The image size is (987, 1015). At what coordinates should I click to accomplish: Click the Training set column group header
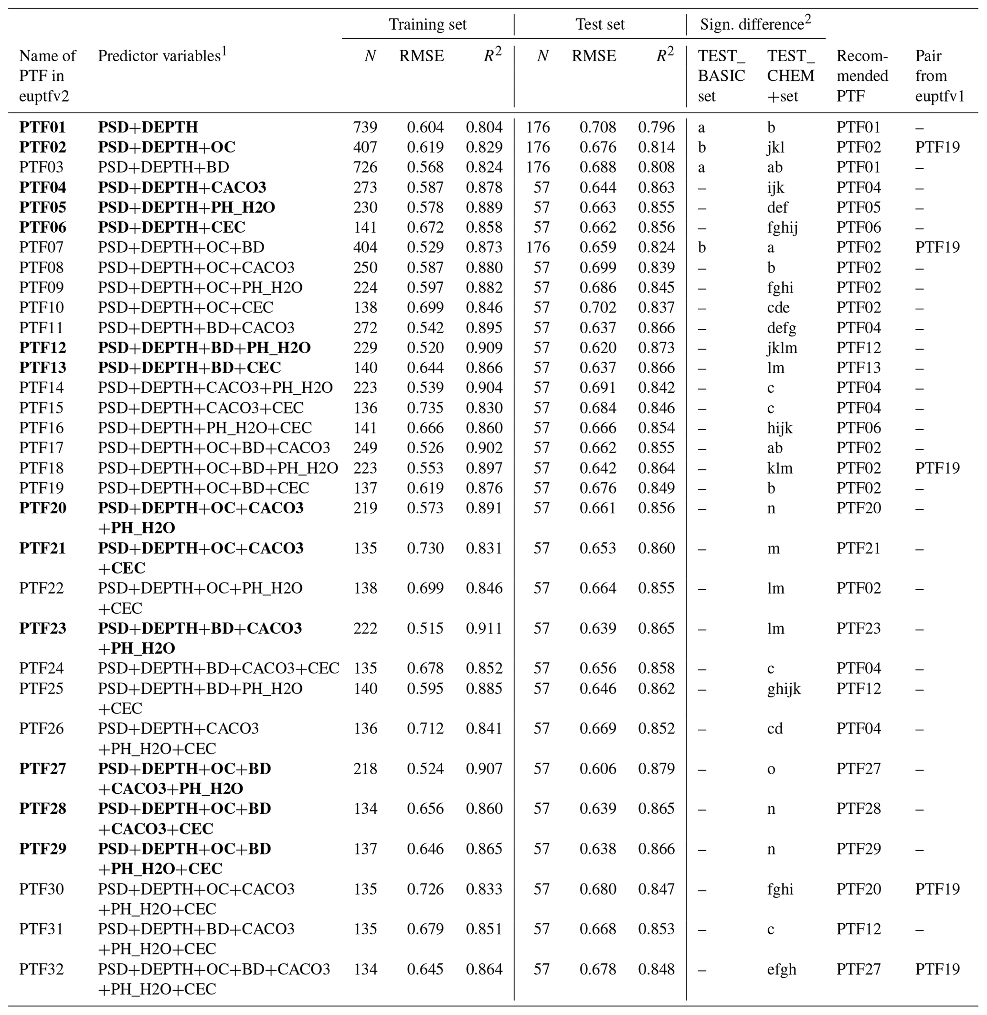(x=428, y=24)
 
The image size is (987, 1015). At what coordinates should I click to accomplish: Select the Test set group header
(x=600, y=24)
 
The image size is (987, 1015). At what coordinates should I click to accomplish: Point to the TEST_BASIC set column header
(x=721, y=76)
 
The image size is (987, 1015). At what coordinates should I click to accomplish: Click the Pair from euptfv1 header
(x=939, y=76)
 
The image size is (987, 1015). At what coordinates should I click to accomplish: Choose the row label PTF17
(x=42, y=448)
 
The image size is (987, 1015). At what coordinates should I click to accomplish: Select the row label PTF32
(x=42, y=969)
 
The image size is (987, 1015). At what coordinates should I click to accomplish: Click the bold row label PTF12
(x=42, y=347)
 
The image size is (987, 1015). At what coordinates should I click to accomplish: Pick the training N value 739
(x=365, y=127)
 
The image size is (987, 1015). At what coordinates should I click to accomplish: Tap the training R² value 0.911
(x=484, y=628)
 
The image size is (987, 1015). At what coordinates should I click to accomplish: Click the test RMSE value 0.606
(x=598, y=768)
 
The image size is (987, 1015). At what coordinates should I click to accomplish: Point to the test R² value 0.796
(x=656, y=127)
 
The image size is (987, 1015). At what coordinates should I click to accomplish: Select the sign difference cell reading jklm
(x=782, y=347)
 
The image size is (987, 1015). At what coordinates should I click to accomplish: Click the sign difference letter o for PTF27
(x=771, y=768)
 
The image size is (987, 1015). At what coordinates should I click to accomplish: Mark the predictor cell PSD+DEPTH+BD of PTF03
(x=163, y=167)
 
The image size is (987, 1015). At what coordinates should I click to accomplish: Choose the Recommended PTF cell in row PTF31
(x=859, y=929)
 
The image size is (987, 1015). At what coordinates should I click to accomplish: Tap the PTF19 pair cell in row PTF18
(x=937, y=468)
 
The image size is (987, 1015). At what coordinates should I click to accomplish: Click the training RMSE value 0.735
(x=425, y=408)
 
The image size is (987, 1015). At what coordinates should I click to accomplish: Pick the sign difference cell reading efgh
(x=781, y=969)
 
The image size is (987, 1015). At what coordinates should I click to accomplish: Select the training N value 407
(x=365, y=147)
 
